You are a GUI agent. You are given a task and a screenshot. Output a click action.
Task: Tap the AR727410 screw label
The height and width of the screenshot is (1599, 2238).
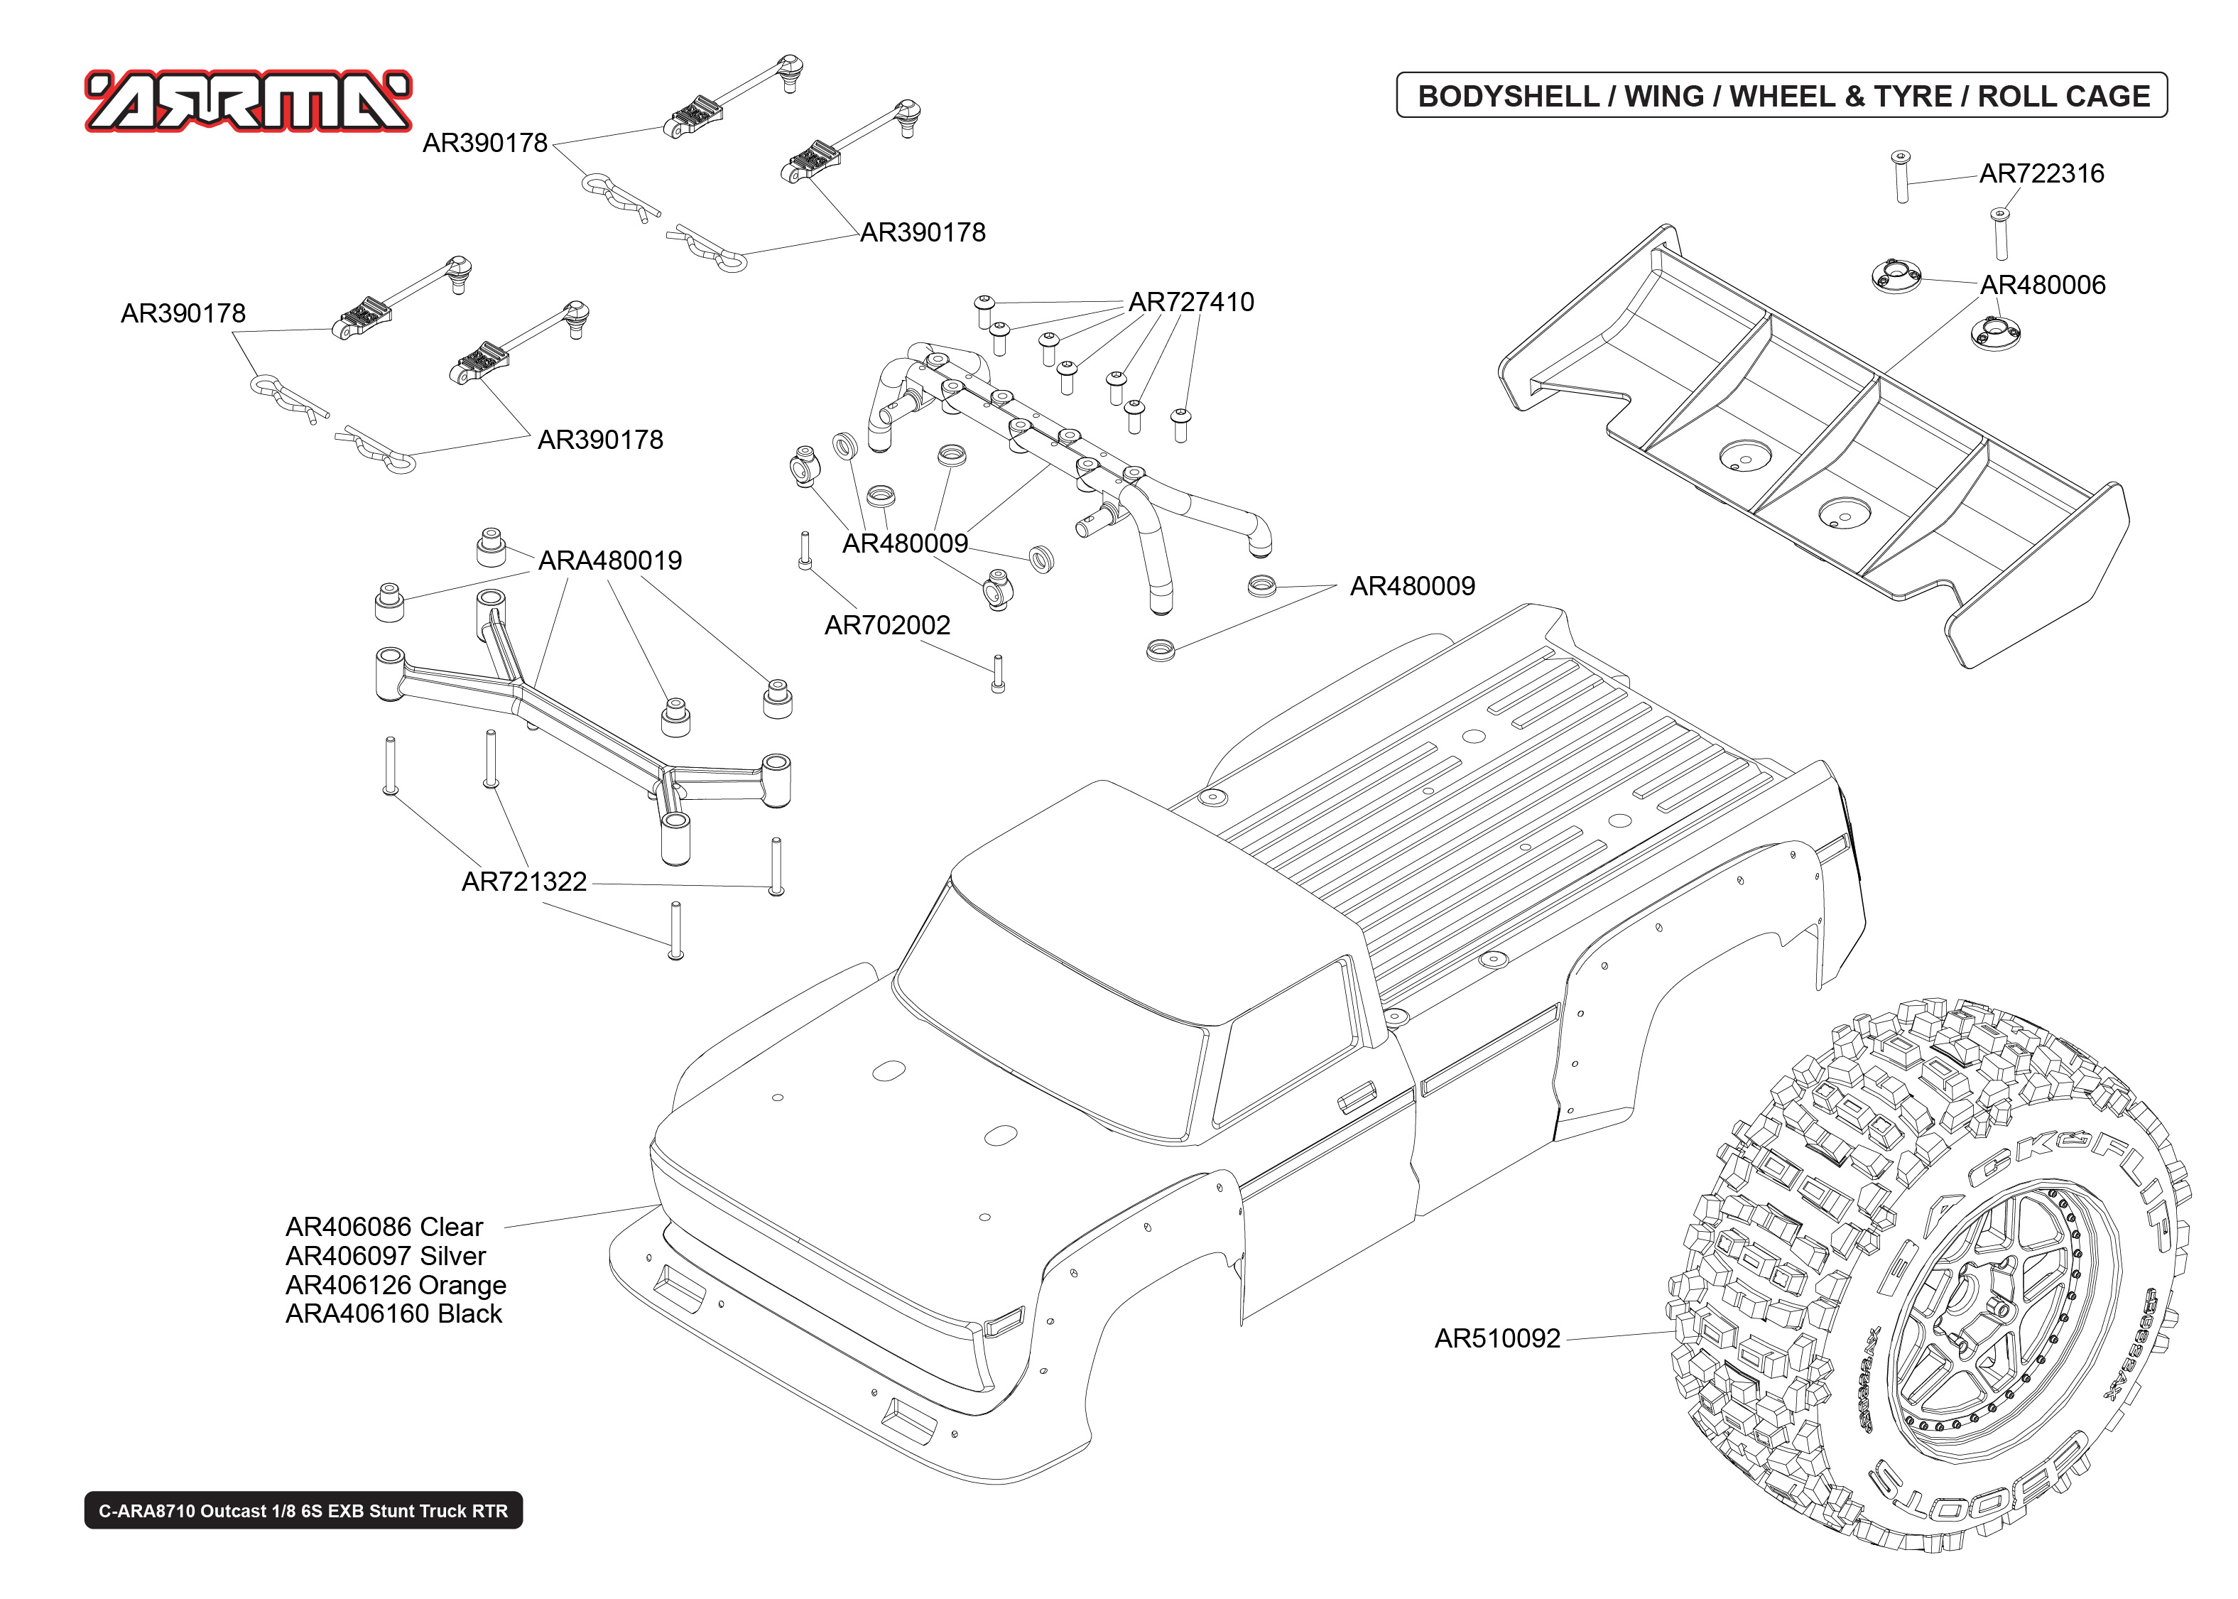tap(1191, 303)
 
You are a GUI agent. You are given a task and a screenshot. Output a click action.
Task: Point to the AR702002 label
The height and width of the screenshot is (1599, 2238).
tap(886, 625)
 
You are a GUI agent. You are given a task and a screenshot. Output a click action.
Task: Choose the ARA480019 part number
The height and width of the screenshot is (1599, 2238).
tap(609, 560)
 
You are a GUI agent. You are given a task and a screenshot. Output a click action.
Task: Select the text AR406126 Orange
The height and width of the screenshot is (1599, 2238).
tap(396, 1285)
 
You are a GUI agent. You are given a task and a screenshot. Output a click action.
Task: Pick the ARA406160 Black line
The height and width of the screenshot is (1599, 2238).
tap(393, 1313)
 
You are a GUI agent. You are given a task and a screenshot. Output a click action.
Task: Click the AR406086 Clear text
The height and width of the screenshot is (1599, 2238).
tap(384, 1227)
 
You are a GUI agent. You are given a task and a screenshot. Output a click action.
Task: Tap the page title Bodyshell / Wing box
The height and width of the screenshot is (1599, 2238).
tap(1781, 95)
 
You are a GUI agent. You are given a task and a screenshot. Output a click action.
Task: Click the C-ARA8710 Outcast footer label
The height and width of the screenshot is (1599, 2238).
tap(303, 1510)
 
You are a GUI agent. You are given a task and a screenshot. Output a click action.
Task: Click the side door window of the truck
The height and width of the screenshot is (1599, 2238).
tap(1284, 1044)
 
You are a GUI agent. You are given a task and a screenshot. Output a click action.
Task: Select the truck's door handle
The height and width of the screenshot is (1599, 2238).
tap(1356, 1095)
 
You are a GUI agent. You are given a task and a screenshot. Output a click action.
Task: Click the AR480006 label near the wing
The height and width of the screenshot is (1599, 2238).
tap(2042, 285)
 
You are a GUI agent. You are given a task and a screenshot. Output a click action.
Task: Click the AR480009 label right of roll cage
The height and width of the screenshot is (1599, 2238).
tap(1411, 586)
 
